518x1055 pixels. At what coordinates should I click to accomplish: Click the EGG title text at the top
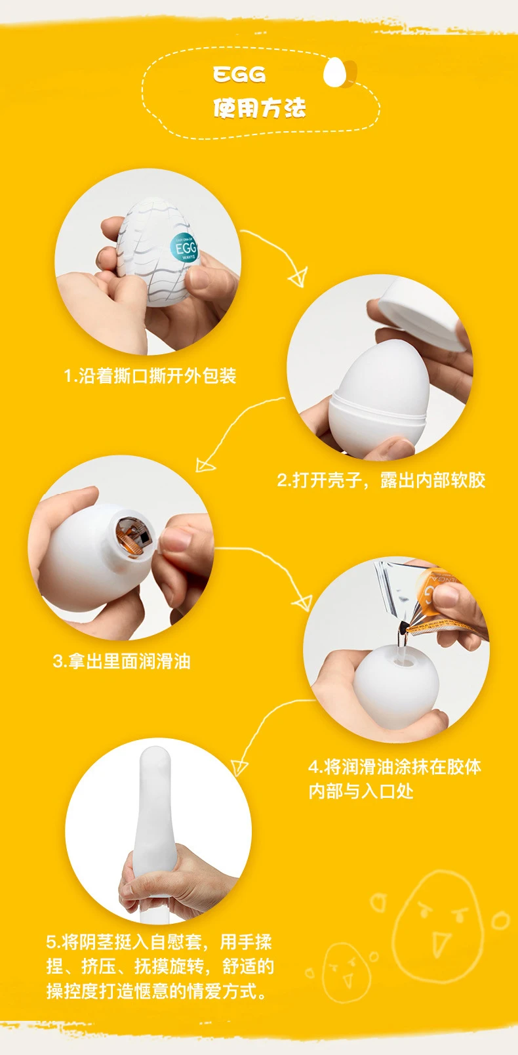tap(239, 74)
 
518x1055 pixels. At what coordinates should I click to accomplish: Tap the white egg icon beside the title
tap(335, 72)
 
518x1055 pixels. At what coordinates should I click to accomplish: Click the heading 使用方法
tap(260, 108)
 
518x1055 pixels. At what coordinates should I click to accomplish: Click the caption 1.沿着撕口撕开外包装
tap(150, 376)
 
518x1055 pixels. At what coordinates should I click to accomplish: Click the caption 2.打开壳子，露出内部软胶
tap(381, 480)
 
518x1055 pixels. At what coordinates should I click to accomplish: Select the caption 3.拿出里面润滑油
tap(122, 661)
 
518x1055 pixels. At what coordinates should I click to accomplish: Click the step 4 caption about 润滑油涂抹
tap(394, 779)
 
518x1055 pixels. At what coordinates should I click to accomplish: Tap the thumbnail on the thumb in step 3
tap(175, 539)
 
